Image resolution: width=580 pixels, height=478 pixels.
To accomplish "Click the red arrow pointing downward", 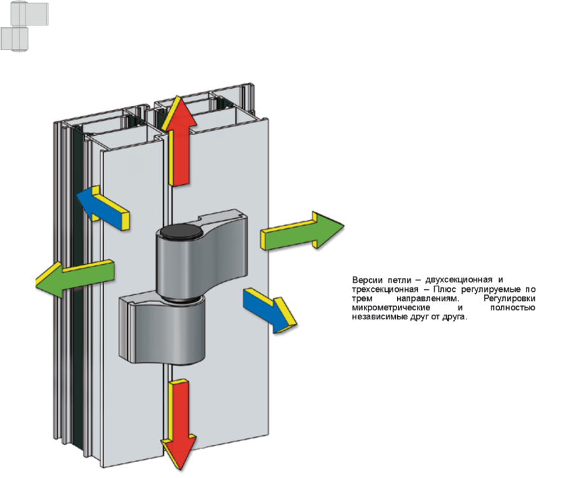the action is (178, 424).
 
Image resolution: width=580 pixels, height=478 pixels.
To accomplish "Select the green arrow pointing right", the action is (302, 231).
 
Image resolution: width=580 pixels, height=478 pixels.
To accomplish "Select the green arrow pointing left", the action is (75, 279).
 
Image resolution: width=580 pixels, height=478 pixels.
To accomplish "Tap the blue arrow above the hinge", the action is (103, 208).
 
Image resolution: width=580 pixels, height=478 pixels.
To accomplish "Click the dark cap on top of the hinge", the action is (181, 231).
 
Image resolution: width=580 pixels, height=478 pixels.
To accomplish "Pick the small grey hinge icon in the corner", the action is (24, 26).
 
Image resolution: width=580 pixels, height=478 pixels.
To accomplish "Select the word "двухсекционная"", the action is (459, 280).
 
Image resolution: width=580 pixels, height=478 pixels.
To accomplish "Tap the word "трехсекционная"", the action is (385, 289).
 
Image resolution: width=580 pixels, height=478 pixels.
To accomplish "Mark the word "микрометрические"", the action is (391, 308).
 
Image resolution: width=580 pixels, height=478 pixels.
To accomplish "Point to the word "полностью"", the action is (512, 307).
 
